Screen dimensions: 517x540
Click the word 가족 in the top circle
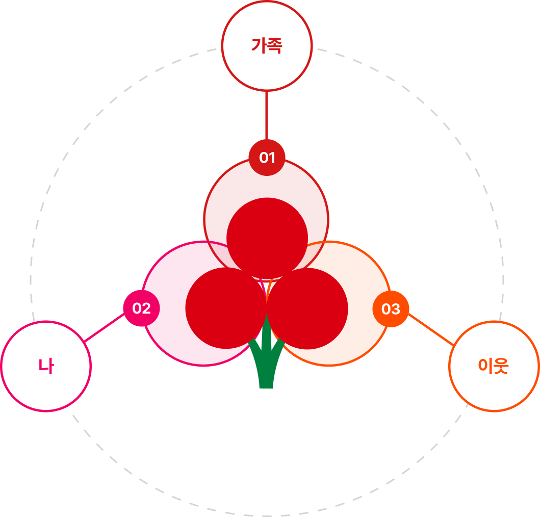point(266,46)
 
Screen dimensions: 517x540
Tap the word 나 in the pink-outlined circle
point(46,366)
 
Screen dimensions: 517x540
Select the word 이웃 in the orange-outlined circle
point(493,366)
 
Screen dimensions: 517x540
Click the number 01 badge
point(267,158)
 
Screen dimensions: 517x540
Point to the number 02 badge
point(141,308)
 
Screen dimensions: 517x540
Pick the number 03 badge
point(391,309)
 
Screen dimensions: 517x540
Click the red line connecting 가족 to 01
point(266,115)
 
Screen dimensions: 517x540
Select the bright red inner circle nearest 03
point(307,308)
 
